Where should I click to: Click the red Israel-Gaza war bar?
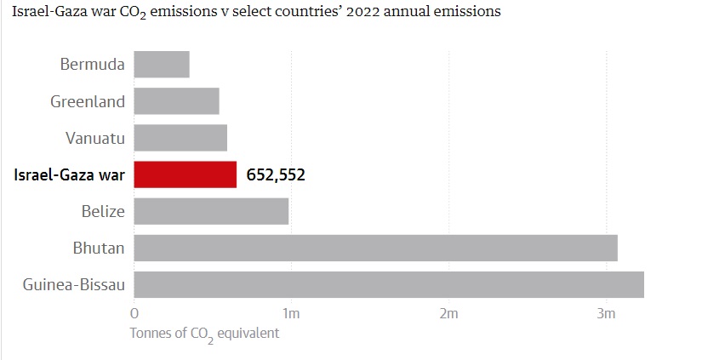[x=185, y=174]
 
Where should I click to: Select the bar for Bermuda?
[x=162, y=65]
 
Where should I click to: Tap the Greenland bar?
[x=176, y=101]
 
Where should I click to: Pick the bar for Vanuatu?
[x=180, y=138]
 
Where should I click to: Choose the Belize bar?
[x=211, y=211]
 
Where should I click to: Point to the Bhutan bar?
[x=375, y=248]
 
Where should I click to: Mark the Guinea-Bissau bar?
[x=389, y=284]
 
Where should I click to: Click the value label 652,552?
[x=276, y=175]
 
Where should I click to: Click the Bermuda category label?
[x=93, y=65]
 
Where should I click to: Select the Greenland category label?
[x=88, y=101]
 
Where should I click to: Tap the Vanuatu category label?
[x=95, y=138]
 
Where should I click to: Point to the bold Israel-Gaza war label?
[x=69, y=175]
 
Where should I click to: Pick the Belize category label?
[x=103, y=211]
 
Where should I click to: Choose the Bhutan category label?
[x=99, y=248]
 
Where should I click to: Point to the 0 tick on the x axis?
[x=134, y=314]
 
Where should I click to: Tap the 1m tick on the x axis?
[x=291, y=314]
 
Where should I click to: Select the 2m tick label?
[x=448, y=314]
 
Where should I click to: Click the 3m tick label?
[x=606, y=314]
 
